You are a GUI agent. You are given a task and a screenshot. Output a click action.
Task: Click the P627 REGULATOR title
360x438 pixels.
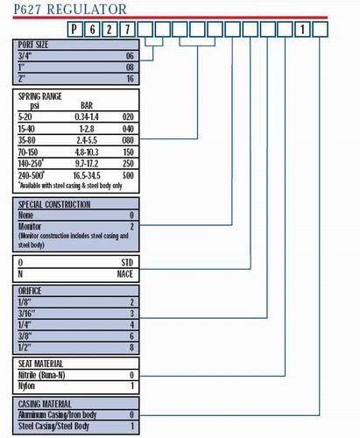[x=70, y=10]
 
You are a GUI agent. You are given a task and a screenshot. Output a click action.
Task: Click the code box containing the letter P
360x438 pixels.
[x=74, y=29]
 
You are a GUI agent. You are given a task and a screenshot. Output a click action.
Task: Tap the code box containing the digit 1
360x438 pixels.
[x=302, y=29]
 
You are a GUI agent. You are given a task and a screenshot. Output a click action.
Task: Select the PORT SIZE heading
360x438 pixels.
[x=33, y=45]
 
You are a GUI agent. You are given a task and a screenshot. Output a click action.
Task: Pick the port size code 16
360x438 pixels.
[x=130, y=79]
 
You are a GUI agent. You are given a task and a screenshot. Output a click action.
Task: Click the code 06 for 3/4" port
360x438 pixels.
[x=130, y=56]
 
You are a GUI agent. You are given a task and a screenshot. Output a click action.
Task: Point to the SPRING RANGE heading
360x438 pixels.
[x=40, y=96]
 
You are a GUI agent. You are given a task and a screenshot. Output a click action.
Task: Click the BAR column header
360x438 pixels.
[x=87, y=105]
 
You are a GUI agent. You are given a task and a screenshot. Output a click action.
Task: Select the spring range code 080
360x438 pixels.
[x=128, y=140]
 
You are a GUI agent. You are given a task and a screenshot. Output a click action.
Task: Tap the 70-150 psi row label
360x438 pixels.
[x=28, y=152]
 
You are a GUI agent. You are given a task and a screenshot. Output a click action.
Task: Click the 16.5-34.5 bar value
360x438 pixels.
[x=87, y=175]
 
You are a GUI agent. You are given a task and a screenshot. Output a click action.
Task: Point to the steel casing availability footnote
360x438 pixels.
[x=70, y=186]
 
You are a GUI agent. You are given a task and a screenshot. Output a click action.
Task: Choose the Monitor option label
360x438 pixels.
[x=30, y=226]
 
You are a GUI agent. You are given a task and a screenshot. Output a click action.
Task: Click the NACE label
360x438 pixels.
[x=125, y=274]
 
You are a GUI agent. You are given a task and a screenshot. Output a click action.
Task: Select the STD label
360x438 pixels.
[x=127, y=263]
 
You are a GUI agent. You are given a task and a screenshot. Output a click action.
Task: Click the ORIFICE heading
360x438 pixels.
[x=30, y=291]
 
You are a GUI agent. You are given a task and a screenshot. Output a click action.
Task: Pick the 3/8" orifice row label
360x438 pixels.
[x=25, y=336]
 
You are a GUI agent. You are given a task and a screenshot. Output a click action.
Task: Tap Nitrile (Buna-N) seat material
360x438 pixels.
[x=41, y=375]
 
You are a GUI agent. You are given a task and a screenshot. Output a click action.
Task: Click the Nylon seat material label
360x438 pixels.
[x=26, y=386]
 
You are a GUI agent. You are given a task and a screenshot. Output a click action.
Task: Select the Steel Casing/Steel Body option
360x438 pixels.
[x=53, y=426]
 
